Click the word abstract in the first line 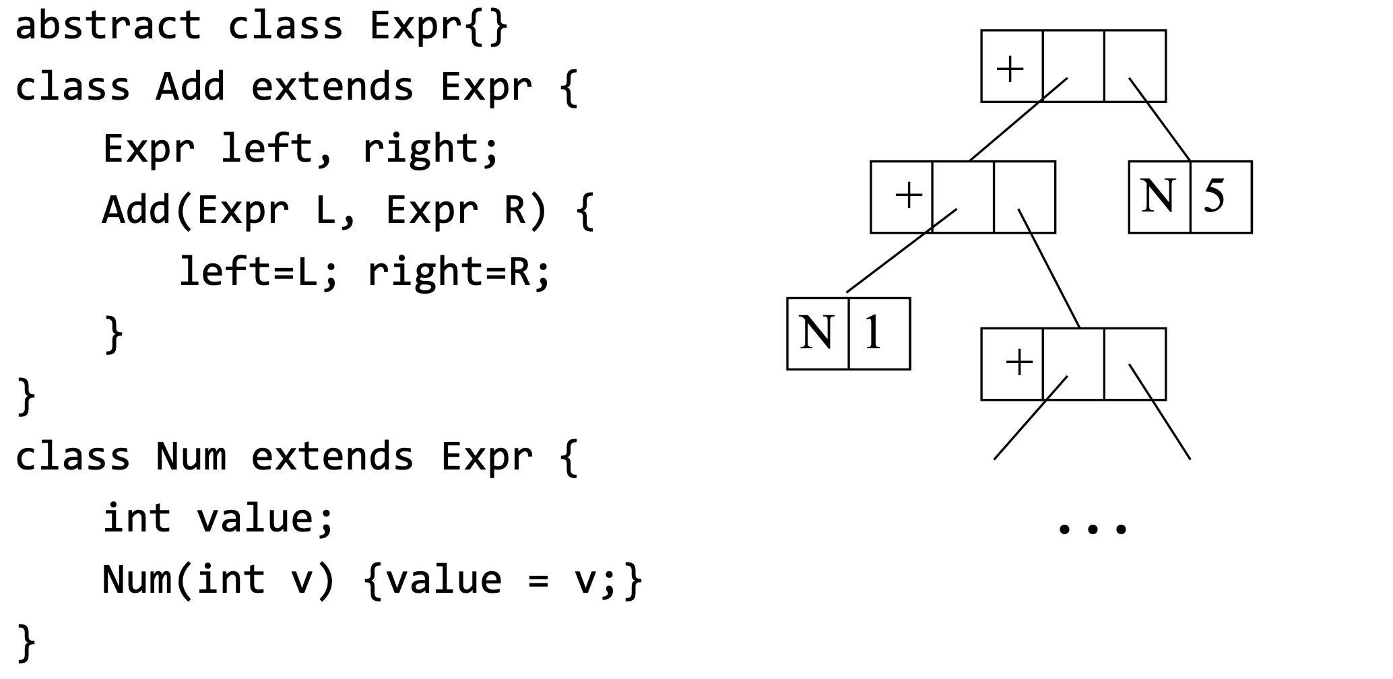[x=108, y=26]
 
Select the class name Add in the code [x=190, y=88]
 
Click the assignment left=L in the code [x=250, y=272]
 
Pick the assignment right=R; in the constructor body [x=459, y=272]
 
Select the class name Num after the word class [x=190, y=457]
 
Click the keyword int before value [x=137, y=518]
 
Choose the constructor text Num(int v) [x=219, y=580]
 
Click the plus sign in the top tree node [x=1010, y=68]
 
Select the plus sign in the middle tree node [x=908, y=195]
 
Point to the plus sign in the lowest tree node [x=1018, y=362]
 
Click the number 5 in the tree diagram [x=1214, y=196]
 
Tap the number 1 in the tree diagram [x=873, y=333]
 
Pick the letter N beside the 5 [x=1158, y=196]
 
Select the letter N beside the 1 [x=816, y=333]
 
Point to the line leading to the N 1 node [x=901, y=251]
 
